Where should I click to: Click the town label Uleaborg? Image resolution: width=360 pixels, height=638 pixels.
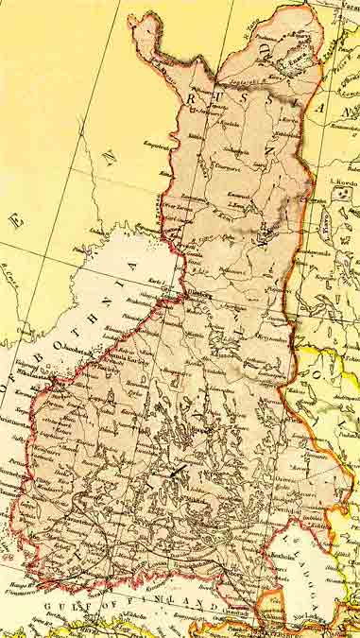coord(193,294)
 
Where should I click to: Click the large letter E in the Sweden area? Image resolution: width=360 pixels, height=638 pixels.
coord(15,221)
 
